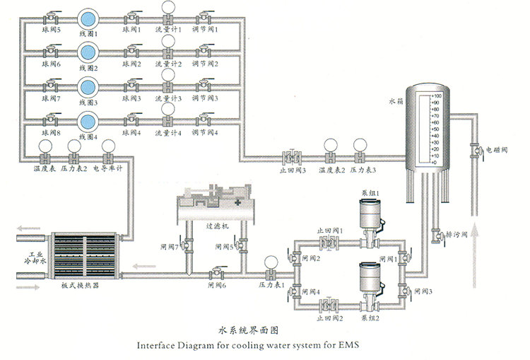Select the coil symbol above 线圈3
click(88, 86)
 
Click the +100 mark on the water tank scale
click(435, 95)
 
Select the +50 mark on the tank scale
click(435, 129)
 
